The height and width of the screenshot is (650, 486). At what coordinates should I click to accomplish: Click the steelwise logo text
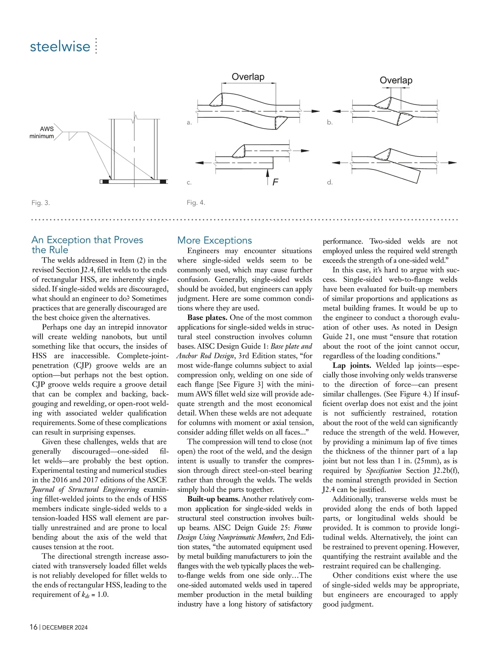(x=60, y=46)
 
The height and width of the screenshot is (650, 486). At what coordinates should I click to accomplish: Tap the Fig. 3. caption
(x=40, y=203)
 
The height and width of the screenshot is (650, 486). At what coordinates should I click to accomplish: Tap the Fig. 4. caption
(x=196, y=203)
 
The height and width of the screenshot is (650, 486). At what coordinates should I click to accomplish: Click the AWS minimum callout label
(x=42, y=133)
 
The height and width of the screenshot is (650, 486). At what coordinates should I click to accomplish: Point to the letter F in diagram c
(x=275, y=182)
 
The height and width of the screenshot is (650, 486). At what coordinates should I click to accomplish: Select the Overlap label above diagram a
(x=248, y=77)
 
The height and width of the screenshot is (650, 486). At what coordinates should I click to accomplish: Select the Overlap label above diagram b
(x=396, y=80)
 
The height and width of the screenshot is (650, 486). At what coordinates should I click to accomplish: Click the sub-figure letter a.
(x=189, y=122)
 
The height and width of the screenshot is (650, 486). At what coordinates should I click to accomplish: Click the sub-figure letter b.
(x=330, y=122)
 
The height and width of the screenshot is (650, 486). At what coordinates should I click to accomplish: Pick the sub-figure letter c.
(x=189, y=183)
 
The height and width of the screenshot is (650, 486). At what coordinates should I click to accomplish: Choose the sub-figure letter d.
(x=330, y=183)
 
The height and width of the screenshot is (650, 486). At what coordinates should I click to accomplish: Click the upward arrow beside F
(x=267, y=176)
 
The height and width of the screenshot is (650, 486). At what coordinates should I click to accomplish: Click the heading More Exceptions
(x=215, y=240)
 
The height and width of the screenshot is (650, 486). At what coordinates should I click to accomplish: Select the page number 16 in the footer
(x=34, y=627)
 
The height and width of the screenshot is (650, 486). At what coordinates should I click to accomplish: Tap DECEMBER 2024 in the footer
(x=65, y=628)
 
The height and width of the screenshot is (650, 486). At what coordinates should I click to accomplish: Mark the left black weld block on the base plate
(x=106, y=181)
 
